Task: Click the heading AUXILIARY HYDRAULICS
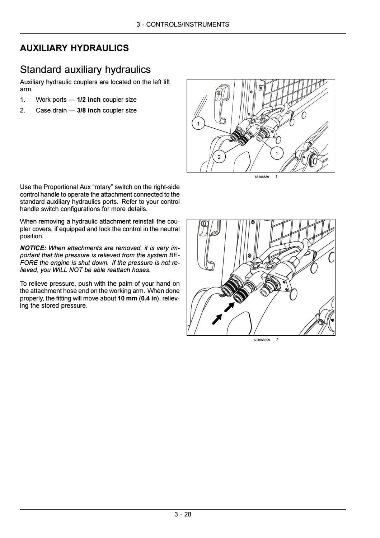(x=74, y=48)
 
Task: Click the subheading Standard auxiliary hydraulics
(x=85, y=69)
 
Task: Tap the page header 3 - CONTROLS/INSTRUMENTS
(x=183, y=24)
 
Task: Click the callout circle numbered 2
(x=219, y=157)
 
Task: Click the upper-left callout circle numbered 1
(x=198, y=124)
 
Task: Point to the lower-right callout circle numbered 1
(x=276, y=154)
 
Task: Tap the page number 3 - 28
(x=183, y=514)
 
